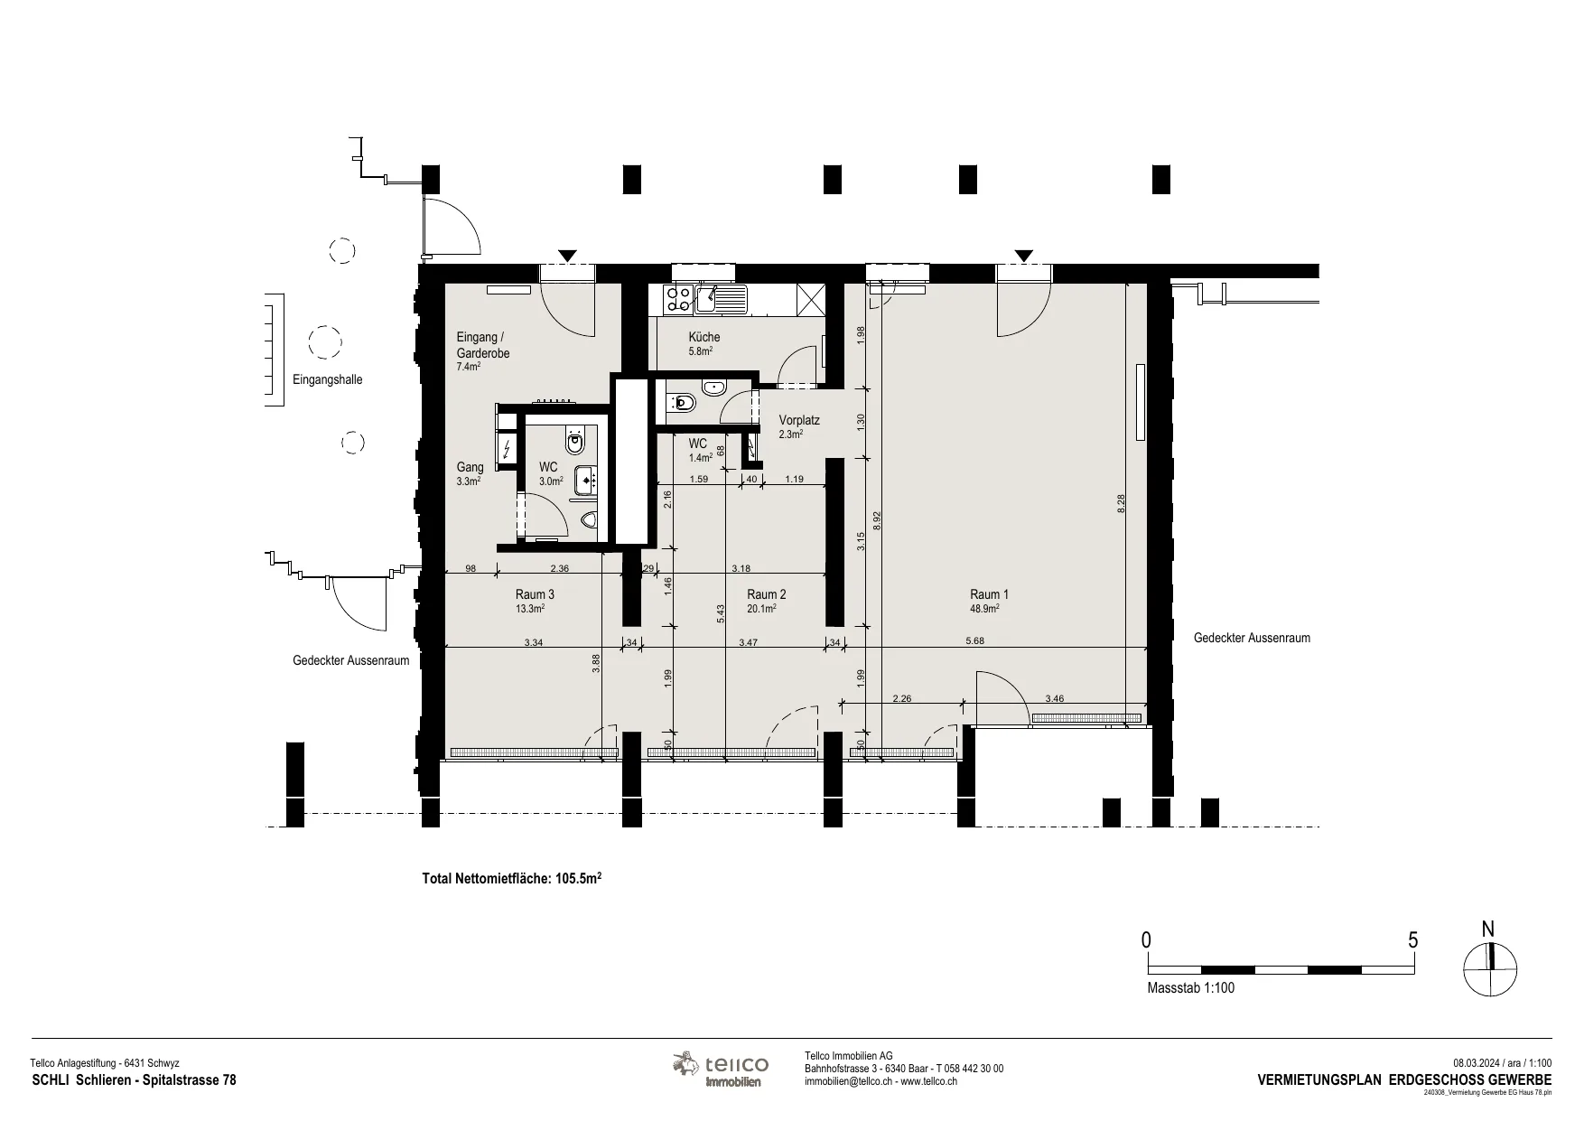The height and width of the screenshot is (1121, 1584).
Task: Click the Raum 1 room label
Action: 989,594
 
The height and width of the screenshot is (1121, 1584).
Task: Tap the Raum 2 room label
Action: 767,594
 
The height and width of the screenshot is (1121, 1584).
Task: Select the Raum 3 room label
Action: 536,594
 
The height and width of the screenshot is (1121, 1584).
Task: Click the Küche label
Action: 704,337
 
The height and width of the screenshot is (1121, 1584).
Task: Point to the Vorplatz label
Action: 799,421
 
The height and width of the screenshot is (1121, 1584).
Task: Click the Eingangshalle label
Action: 328,380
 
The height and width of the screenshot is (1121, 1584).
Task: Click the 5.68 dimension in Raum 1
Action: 974,641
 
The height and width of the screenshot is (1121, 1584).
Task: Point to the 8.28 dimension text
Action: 1121,503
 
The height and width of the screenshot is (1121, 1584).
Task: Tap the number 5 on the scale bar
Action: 1413,940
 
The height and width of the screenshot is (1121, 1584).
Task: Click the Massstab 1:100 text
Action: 1190,988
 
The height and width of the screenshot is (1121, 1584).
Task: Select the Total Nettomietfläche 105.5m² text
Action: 512,877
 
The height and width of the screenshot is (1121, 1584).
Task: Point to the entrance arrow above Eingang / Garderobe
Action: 566,256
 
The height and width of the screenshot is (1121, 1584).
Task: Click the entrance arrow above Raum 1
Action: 1023,256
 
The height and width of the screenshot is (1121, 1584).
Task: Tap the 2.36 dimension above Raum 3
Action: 560,568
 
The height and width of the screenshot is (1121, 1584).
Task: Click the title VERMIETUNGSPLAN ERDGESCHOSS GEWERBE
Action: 1404,1080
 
